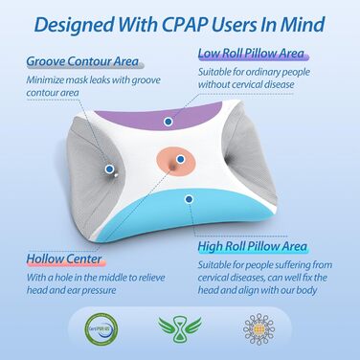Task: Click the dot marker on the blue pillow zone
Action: [190, 199]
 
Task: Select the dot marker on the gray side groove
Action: [110, 169]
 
